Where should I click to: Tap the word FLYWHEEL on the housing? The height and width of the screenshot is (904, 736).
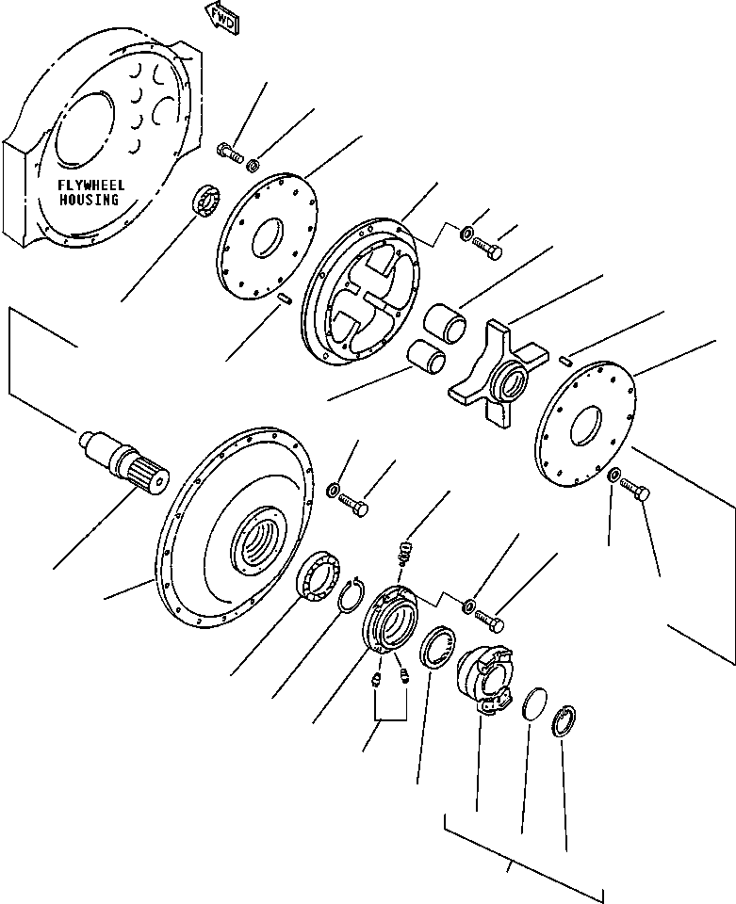(x=90, y=186)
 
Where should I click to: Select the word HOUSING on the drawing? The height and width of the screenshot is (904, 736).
(x=90, y=200)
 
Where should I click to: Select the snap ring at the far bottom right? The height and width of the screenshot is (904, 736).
(x=564, y=722)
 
